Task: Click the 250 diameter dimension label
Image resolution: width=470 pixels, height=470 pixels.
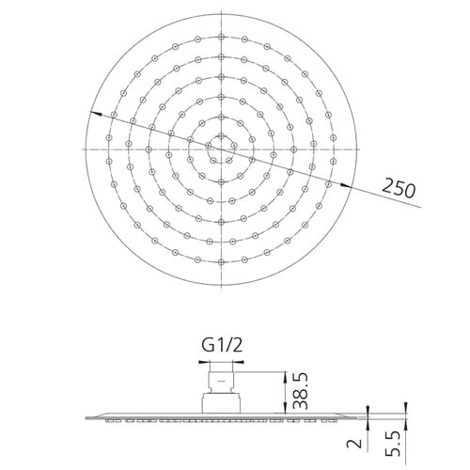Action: coord(399,188)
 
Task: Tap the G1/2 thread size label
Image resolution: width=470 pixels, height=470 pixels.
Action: coord(222,346)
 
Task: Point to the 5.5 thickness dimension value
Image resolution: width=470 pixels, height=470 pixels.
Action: coord(392,444)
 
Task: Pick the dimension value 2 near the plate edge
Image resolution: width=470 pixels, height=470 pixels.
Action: coord(354,444)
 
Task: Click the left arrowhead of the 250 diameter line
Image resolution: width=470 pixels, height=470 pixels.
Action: coord(95,113)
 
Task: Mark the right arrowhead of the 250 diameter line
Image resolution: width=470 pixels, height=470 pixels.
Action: coord(346,186)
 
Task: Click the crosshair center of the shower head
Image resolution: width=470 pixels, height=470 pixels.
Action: coord(221,149)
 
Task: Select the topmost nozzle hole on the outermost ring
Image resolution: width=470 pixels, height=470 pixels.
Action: coord(221,37)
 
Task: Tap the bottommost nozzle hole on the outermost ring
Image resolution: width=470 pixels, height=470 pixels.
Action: coord(221,261)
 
